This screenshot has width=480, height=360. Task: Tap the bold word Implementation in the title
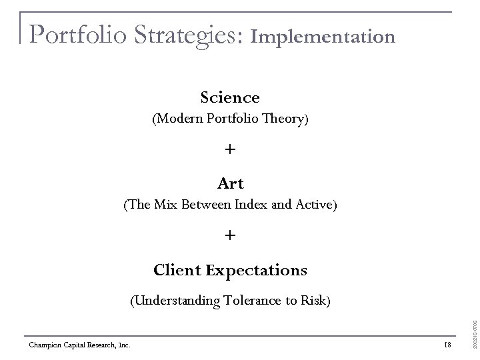coord(323,36)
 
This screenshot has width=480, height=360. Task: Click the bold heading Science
coord(230,98)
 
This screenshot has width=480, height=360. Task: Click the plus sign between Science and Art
coord(230,150)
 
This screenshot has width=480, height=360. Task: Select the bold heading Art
coord(230,183)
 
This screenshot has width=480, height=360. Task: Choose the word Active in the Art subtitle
coord(315,205)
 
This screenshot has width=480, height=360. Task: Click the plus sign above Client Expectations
coord(230,236)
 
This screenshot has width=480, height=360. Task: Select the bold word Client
coord(177,270)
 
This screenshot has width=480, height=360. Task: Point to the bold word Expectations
coord(257,270)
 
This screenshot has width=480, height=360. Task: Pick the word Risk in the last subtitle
coord(314,301)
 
